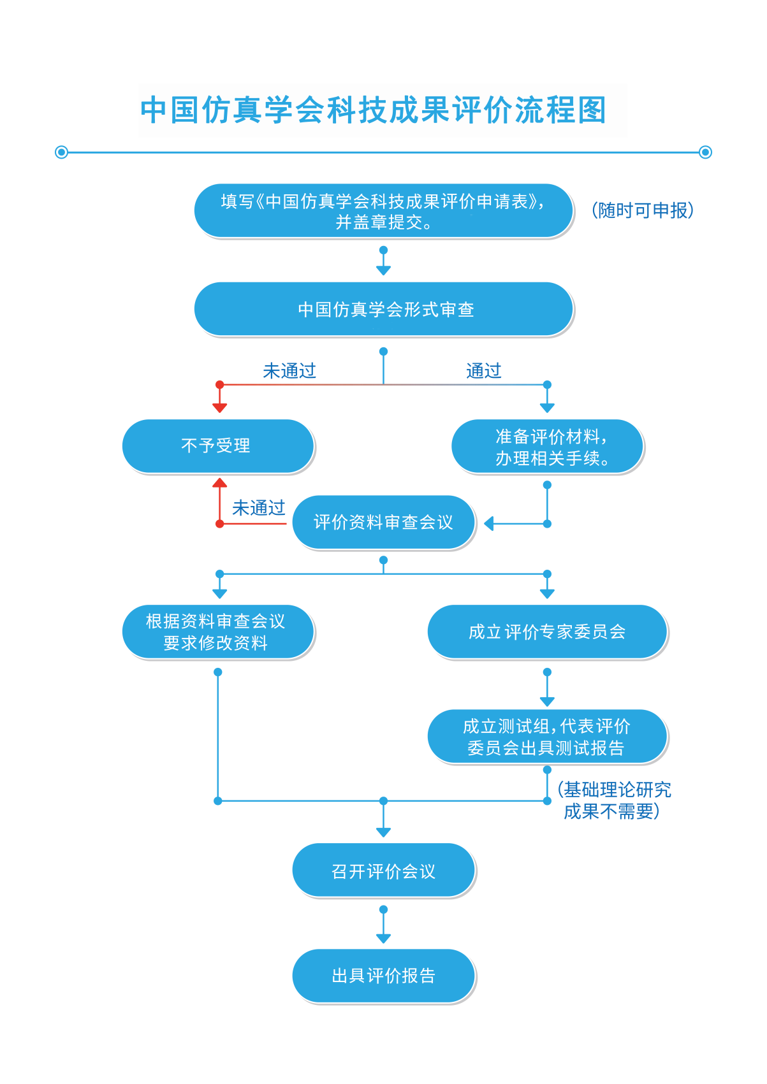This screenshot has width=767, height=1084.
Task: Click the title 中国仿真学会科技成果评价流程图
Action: click(x=373, y=110)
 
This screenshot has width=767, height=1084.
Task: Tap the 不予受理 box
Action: click(x=217, y=445)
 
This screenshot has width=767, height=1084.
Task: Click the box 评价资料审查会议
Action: click(x=383, y=523)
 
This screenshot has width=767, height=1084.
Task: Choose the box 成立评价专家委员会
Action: click(x=547, y=632)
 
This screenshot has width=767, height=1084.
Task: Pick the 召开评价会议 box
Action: click(x=383, y=871)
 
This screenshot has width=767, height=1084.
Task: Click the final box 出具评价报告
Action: click(x=383, y=976)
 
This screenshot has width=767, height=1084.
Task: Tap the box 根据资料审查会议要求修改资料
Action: click(x=217, y=632)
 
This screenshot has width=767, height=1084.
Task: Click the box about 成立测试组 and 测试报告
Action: click(x=547, y=737)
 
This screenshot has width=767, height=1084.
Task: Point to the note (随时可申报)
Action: click(x=643, y=210)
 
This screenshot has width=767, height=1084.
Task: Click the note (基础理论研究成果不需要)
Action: click(x=613, y=800)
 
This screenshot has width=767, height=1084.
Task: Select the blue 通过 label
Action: click(x=483, y=370)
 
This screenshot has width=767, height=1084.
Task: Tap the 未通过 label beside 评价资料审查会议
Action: click(x=258, y=508)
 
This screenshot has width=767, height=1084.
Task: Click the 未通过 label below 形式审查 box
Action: click(x=289, y=370)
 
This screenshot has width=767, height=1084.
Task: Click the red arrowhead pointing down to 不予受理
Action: click(x=220, y=408)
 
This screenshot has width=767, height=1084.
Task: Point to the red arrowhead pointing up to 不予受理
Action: click(x=220, y=483)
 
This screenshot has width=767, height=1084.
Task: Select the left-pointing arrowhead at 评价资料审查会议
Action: click(x=489, y=524)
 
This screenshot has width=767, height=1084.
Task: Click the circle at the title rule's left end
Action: click(x=62, y=152)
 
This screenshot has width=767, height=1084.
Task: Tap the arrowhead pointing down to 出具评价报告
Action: click(x=383, y=938)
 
